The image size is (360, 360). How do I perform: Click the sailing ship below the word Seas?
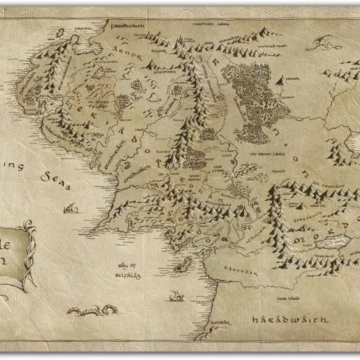click(73, 209)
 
